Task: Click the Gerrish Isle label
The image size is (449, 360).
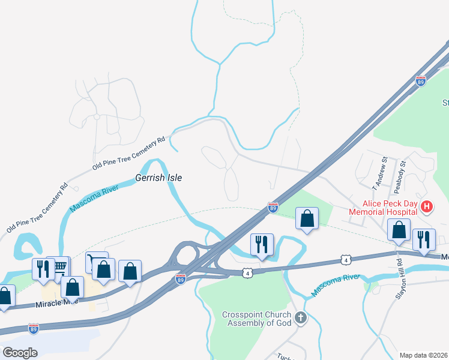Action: coord(158,178)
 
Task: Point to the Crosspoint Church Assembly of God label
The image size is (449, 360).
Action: coord(256,319)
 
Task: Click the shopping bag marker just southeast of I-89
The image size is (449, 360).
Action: coord(307,220)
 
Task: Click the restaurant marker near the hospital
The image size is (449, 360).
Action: coord(424,239)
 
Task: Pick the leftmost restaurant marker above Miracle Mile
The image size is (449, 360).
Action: coord(43,269)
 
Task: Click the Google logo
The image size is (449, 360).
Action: coord(20,352)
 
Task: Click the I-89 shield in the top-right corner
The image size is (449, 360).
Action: coord(420,82)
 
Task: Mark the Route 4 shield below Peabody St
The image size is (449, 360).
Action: coord(345,259)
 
